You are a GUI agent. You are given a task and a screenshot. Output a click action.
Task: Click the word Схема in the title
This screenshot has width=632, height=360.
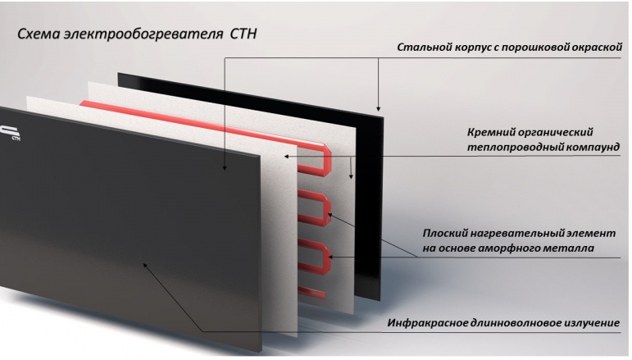click(39, 34)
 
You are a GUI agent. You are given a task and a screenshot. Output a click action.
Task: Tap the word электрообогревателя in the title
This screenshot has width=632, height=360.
click(143, 34)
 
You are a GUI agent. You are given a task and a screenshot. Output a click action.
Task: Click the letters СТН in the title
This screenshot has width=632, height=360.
click(243, 34)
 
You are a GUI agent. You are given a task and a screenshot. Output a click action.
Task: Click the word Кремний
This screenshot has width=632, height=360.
click(490, 133)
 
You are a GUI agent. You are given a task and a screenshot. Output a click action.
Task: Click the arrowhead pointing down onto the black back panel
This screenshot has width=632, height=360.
click(378, 108)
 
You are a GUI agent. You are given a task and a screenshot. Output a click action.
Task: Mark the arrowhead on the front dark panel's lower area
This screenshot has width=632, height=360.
click(146, 265)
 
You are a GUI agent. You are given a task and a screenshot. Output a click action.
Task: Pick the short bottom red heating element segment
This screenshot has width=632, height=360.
click(311, 292)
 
